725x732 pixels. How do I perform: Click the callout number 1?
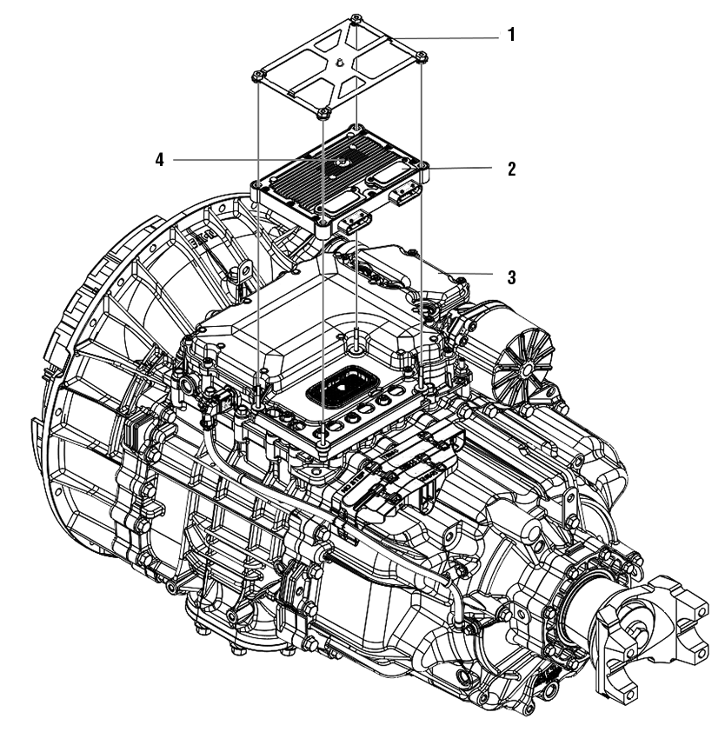(x=512, y=36)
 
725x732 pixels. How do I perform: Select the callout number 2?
(x=512, y=169)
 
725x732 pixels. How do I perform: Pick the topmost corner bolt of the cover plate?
(x=357, y=18)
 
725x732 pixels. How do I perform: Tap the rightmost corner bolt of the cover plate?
(x=422, y=57)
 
